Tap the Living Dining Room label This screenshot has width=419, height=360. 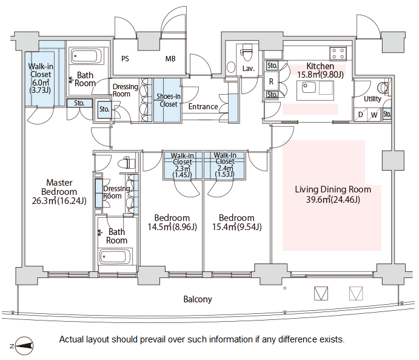coord(332,194)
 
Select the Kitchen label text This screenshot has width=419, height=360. coord(320,66)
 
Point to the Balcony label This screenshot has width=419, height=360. coord(198,299)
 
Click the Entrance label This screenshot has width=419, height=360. coord(203,107)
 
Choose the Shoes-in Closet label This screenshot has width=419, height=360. coord(167,100)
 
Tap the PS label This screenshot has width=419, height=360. coord(125,59)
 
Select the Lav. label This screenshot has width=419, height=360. coord(248,69)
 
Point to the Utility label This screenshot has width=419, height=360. coord(372,99)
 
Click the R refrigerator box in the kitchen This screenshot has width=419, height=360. coord(270,80)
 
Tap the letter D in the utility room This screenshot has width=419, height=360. coord(361,114)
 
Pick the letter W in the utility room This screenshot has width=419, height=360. coord(374,114)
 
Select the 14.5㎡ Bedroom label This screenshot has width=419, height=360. coord(172,223)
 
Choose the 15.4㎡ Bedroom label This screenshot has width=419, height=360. coord(236,223)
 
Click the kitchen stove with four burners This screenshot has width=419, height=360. coord(338,52)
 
